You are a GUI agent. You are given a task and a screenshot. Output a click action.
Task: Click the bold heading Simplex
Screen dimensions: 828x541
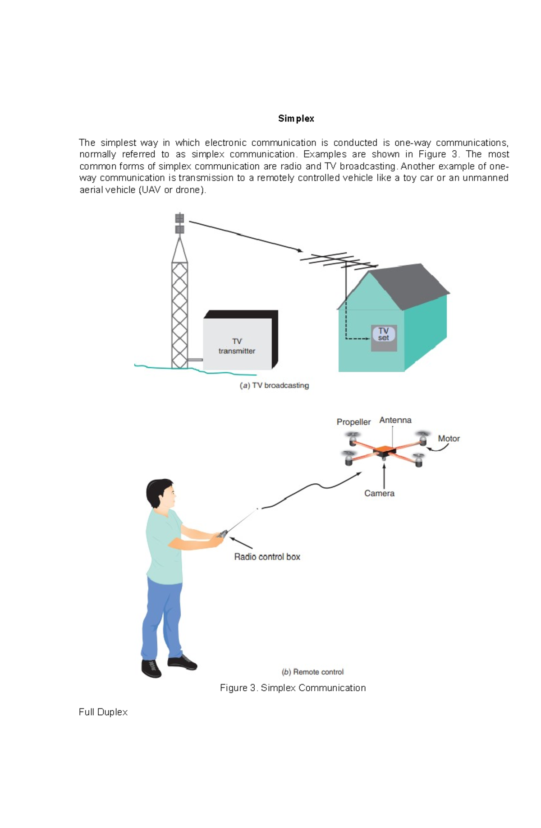point(296,119)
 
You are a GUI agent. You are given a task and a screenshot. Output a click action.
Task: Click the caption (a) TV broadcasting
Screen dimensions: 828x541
point(274,385)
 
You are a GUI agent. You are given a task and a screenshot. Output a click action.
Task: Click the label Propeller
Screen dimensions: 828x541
point(353,422)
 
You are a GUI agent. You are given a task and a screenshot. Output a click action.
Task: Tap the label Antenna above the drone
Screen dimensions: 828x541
point(395,420)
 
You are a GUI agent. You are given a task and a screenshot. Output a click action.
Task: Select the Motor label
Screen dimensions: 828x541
point(449,439)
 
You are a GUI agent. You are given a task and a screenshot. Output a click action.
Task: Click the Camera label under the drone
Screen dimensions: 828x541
point(379,494)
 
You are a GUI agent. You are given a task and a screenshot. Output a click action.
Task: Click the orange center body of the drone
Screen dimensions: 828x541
point(385,449)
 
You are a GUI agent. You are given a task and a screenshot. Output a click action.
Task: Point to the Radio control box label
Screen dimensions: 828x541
point(267,557)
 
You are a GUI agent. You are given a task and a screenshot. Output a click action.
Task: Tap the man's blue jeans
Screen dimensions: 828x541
point(162,618)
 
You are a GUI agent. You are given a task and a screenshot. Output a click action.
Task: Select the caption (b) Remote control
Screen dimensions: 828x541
point(312,672)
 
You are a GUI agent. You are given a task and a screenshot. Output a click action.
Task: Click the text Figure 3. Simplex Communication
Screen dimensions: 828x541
point(293,688)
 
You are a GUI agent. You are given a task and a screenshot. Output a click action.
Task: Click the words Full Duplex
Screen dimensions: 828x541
point(103,712)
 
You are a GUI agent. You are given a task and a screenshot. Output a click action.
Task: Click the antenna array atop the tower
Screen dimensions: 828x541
point(179,224)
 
